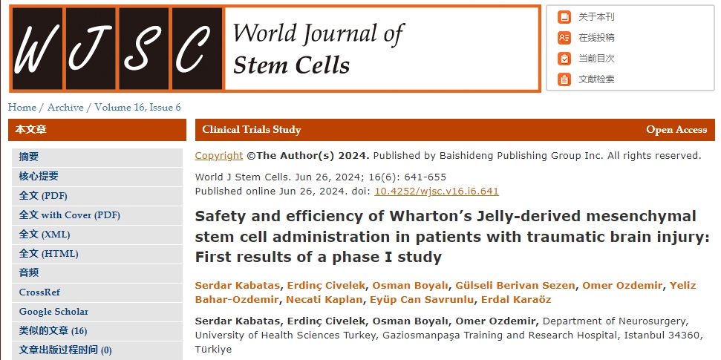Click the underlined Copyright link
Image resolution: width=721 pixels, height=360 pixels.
219,156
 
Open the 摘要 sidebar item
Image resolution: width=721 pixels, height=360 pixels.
29,157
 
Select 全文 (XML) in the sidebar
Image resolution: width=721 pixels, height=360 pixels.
45,234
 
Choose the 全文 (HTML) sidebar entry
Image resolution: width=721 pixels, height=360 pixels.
48,253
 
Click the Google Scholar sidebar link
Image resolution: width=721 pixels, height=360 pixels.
53,312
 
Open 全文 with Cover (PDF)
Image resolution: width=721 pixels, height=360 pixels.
70,215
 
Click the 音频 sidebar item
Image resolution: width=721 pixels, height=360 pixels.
29,272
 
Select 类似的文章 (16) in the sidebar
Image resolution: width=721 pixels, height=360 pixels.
53,331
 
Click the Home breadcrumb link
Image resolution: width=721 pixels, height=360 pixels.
22,108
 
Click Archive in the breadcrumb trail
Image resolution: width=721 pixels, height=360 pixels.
65,108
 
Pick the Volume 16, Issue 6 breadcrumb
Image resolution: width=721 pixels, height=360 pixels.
137,108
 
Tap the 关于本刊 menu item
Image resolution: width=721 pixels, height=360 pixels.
596,17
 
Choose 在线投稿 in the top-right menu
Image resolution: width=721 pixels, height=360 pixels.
596,38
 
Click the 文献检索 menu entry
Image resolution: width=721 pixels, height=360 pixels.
596,79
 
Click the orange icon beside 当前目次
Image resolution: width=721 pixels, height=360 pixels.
565,59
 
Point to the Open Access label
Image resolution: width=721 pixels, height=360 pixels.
676,130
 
